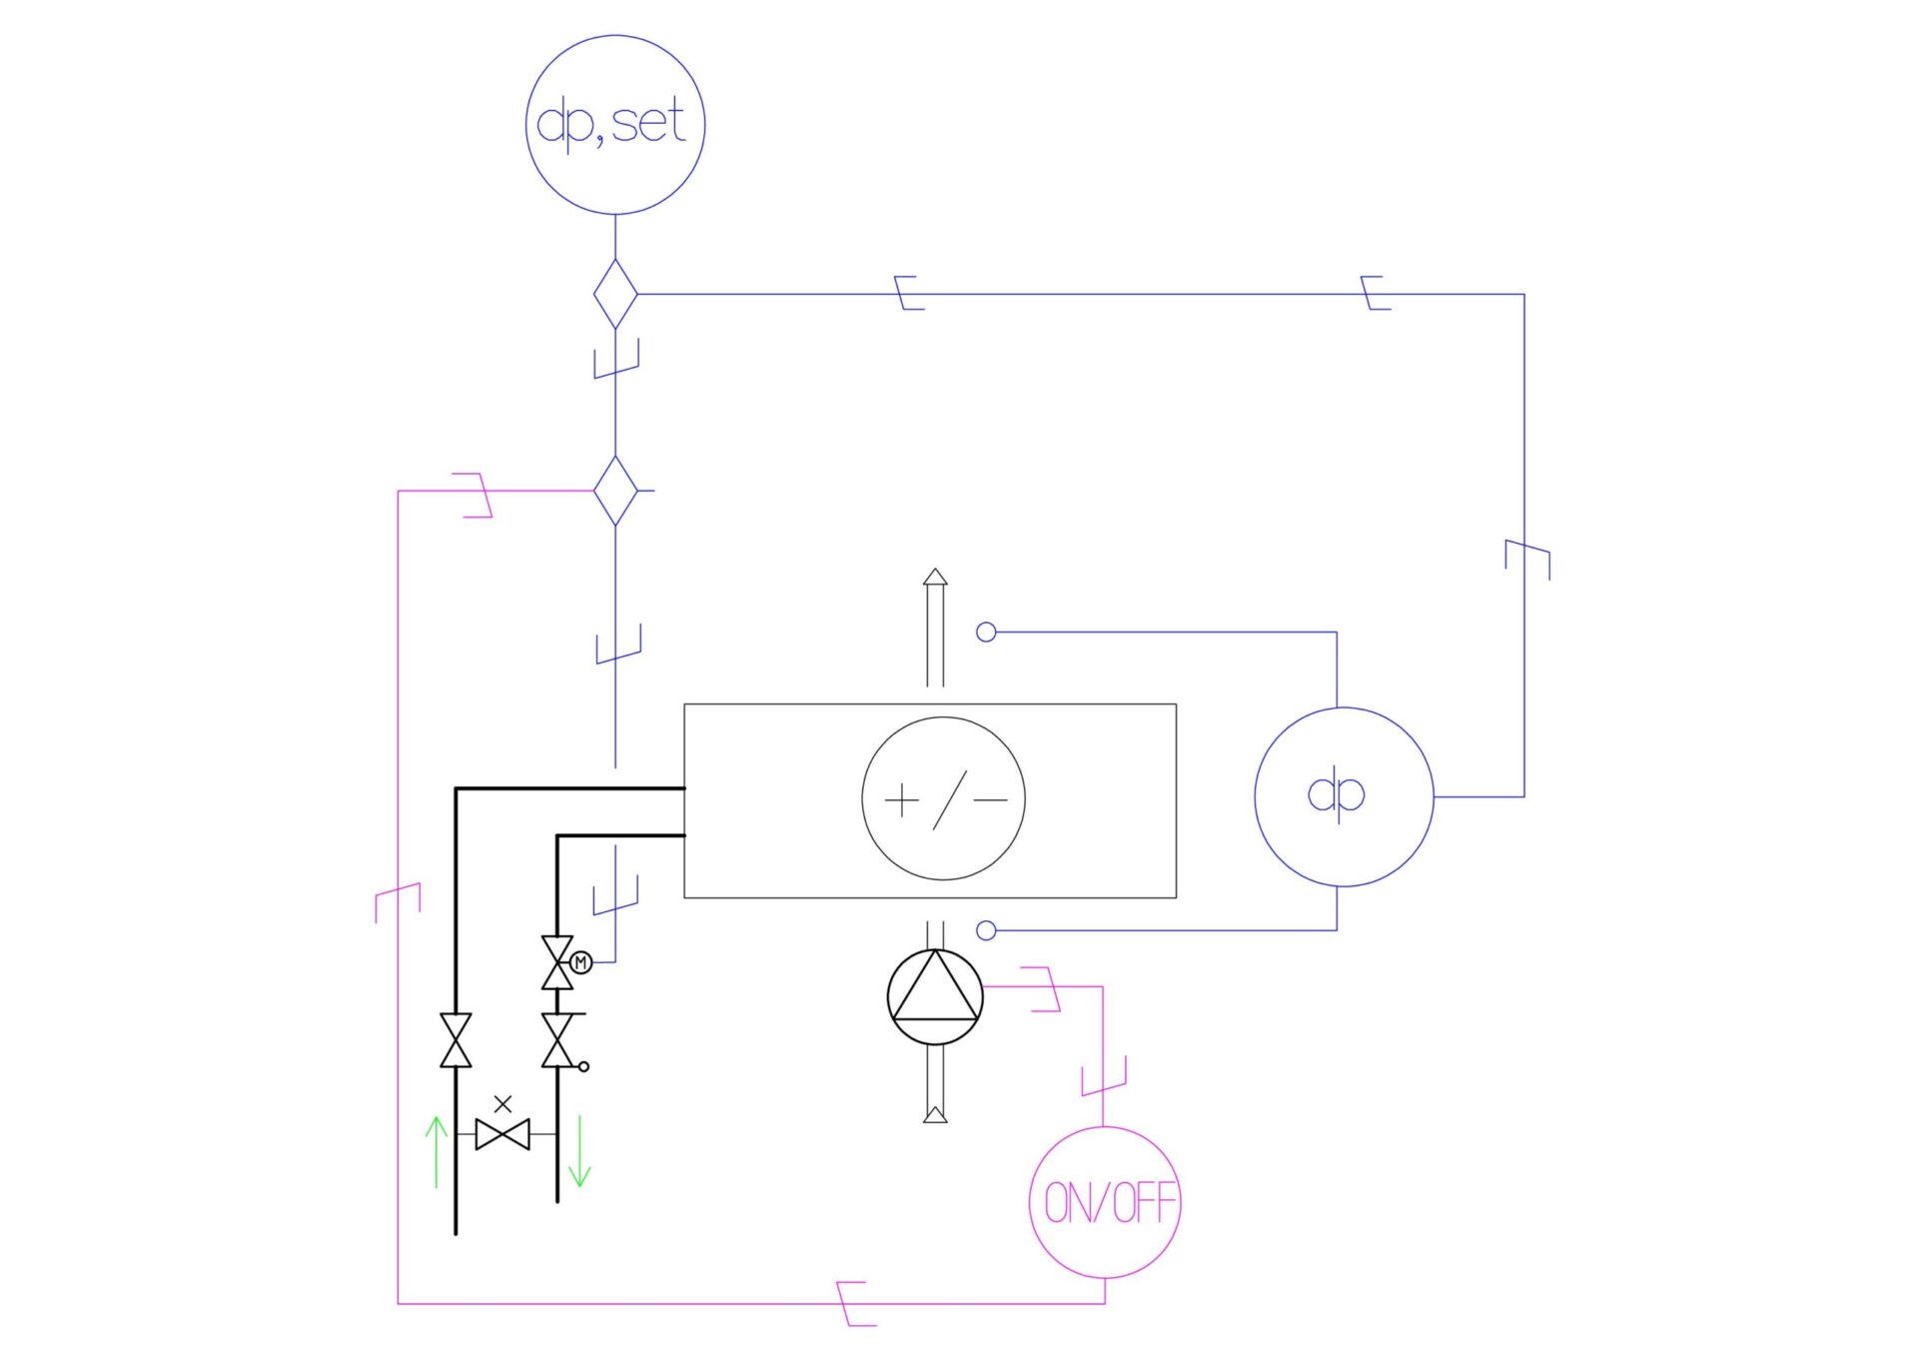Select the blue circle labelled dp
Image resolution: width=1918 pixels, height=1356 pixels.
pos(1344,796)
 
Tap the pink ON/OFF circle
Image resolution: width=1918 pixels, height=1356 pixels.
pos(1105,1202)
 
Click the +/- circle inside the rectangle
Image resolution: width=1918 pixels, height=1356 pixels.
pos(943,798)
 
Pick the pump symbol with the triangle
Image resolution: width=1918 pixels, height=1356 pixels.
pos(935,997)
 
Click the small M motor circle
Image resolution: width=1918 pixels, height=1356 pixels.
pos(580,962)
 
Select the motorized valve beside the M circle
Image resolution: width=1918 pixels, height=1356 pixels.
pos(556,962)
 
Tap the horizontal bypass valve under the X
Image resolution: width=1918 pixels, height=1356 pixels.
pos(502,1135)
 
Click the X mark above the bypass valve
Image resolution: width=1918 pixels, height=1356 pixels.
pos(502,1104)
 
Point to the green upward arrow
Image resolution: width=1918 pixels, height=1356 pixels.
pos(436,1151)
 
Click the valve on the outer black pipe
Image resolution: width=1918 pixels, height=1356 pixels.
pos(456,1040)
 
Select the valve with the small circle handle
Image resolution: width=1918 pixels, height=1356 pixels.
pos(557,1040)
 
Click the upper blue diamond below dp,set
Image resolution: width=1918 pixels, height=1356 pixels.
pos(615,294)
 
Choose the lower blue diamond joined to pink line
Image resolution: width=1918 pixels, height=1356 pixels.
pos(615,491)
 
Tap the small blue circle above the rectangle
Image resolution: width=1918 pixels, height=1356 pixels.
pos(986,632)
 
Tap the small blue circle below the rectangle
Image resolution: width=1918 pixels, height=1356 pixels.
pos(986,930)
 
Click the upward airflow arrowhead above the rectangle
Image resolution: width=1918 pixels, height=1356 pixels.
pos(935,577)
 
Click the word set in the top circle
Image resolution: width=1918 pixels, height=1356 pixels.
pos(647,123)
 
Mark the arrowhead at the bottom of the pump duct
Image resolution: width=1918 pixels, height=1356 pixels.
pos(935,1114)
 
